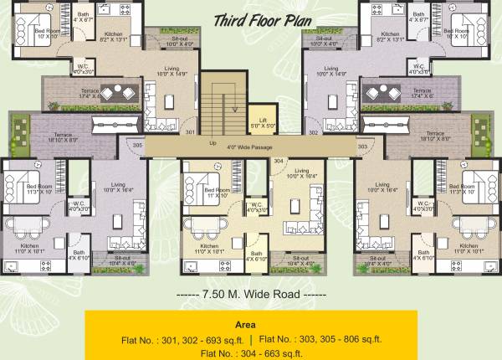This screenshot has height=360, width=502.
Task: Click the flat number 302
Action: point(312,132)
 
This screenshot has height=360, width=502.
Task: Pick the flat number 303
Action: point(363,147)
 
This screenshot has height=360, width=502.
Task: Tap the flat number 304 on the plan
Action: point(279,161)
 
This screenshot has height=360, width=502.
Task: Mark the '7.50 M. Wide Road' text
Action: point(250,296)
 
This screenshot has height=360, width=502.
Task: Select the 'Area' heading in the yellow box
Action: point(251,324)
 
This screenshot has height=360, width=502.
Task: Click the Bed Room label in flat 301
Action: point(45,31)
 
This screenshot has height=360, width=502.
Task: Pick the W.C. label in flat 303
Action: point(423,203)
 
